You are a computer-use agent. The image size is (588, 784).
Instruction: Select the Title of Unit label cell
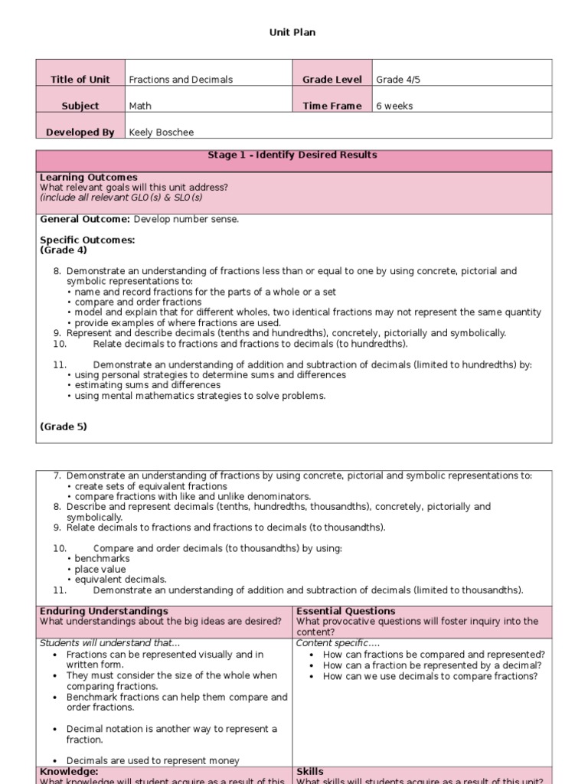(x=80, y=80)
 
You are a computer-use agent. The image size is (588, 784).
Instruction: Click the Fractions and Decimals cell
(x=181, y=80)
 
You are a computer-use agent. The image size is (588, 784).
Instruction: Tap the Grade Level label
(x=332, y=80)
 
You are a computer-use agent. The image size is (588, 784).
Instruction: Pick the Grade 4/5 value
(x=395, y=80)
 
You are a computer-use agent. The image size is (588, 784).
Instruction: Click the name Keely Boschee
(x=161, y=132)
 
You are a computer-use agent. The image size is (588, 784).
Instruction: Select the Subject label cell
(x=80, y=106)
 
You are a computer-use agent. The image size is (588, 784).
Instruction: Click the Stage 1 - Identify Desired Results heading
(x=292, y=155)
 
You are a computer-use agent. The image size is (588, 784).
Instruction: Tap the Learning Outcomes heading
(x=89, y=178)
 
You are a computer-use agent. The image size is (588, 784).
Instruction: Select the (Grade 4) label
(x=63, y=250)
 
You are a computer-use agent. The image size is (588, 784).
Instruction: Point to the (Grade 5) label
(x=63, y=427)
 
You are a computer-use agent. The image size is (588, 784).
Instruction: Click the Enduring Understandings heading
(x=103, y=611)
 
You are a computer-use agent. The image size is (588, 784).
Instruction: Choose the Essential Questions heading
(x=345, y=611)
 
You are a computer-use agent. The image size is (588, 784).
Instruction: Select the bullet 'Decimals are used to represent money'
(x=152, y=761)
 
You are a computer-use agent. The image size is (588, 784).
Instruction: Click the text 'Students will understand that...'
(x=109, y=643)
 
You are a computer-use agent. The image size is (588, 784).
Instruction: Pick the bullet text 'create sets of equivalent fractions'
(x=150, y=487)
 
